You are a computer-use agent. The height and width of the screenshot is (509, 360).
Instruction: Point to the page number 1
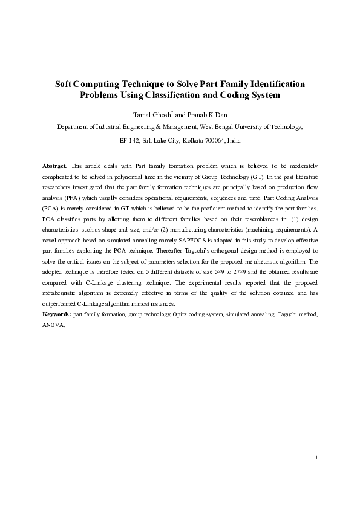(316, 458)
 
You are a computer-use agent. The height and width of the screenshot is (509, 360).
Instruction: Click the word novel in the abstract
(50, 240)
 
